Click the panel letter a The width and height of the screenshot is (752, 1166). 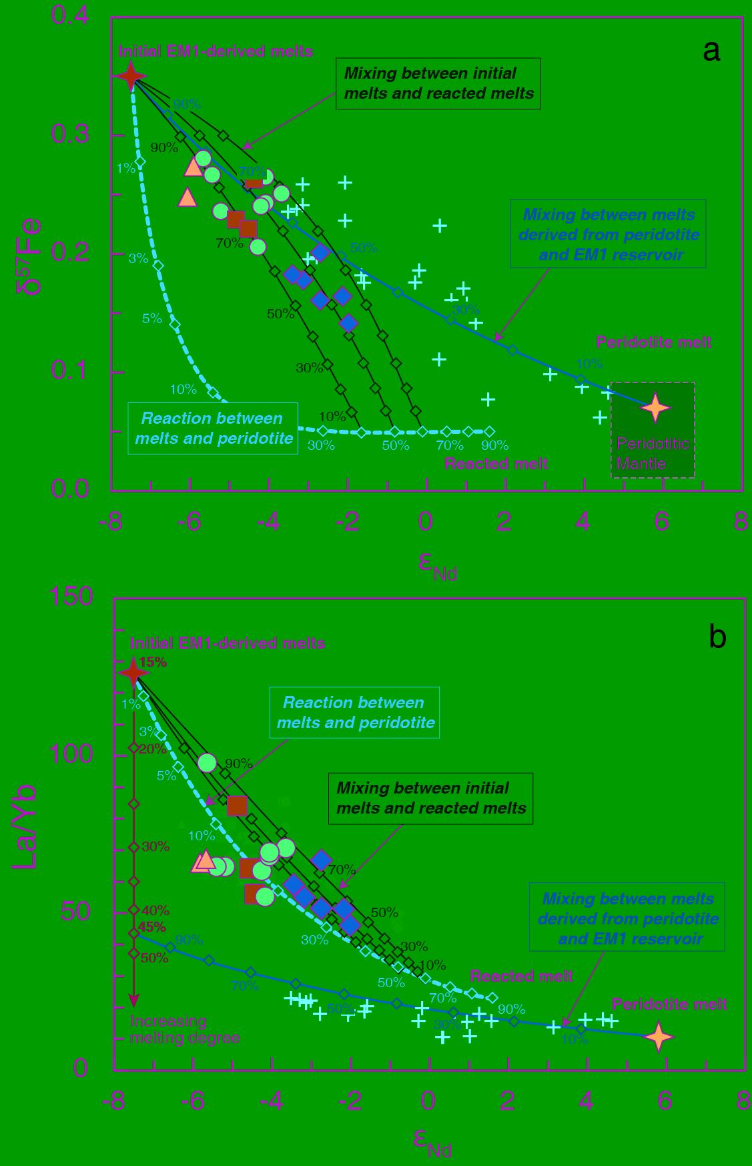pyautogui.click(x=712, y=51)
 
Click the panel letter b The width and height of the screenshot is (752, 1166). pyautogui.click(x=717, y=638)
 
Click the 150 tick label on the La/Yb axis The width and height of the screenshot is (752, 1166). pyautogui.click(x=71, y=596)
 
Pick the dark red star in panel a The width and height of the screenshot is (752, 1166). pyautogui.click(x=131, y=76)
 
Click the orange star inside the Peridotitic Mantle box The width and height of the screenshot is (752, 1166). pyautogui.click(x=655, y=408)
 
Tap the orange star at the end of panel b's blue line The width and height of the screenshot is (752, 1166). pyautogui.click(x=659, y=1037)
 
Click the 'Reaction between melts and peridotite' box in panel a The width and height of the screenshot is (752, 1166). pyautogui.click(x=214, y=428)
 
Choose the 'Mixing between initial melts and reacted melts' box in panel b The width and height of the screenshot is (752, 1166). pyautogui.click(x=431, y=798)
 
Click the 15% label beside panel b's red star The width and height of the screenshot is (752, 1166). pyautogui.click(x=153, y=663)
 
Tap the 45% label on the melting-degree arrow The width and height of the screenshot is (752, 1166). pyautogui.click(x=152, y=927)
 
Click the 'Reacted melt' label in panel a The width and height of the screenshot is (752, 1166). pyautogui.click(x=496, y=464)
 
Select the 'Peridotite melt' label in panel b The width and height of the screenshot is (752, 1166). pyautogui.click(x=669, y=1004)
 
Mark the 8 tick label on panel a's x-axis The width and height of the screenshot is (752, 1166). pyautogui.click(x=740, y=522)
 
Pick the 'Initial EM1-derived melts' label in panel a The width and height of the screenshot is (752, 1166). pyautogui.click(x=216, y=51)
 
